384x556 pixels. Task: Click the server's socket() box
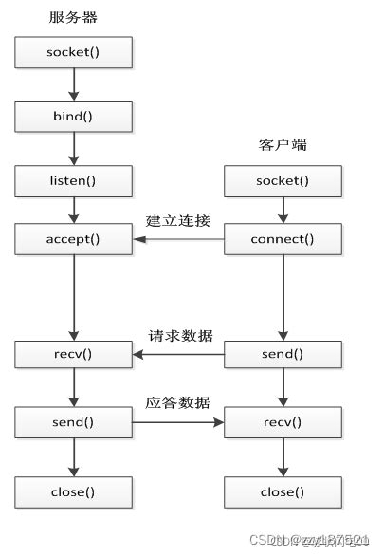73,53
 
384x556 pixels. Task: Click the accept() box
73,240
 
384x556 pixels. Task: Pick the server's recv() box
73,356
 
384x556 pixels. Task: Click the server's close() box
73,492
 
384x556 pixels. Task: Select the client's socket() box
283,180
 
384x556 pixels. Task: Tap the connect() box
283,240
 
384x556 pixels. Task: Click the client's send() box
283,356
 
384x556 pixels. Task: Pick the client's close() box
283,492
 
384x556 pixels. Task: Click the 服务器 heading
72,17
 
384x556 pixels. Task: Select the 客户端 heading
282,145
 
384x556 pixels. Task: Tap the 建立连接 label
177,221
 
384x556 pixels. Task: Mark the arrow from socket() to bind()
73,84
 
